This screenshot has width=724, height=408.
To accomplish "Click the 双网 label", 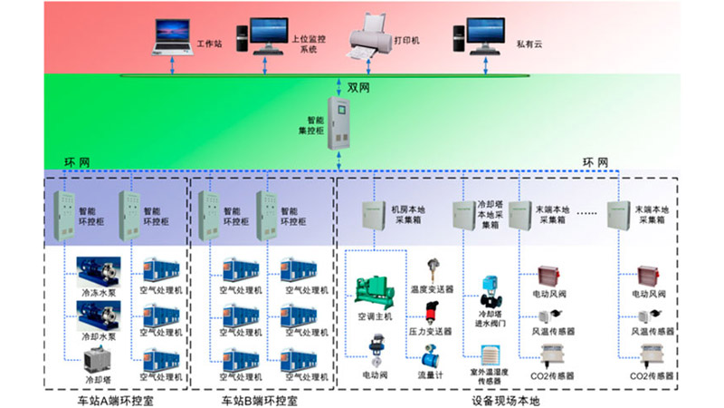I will [x=359, y=88].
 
